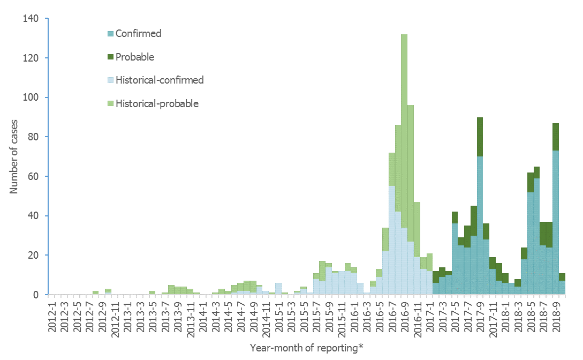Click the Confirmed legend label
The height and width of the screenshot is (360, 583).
coord(138,34)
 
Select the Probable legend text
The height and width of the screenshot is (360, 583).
coord(135,57)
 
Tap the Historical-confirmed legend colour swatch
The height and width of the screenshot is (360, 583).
coord(110,80)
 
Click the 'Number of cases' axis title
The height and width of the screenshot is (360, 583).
coord(14,156)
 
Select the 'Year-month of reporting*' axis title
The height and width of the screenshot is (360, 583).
coord(306,348)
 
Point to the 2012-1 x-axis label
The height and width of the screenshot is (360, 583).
coord(52,313)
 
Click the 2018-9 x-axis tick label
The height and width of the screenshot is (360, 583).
coord(556,313)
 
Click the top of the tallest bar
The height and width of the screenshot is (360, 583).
coord(404,35)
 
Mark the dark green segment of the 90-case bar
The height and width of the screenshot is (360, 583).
coord(480,137)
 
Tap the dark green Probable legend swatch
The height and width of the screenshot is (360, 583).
coord(110,57)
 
